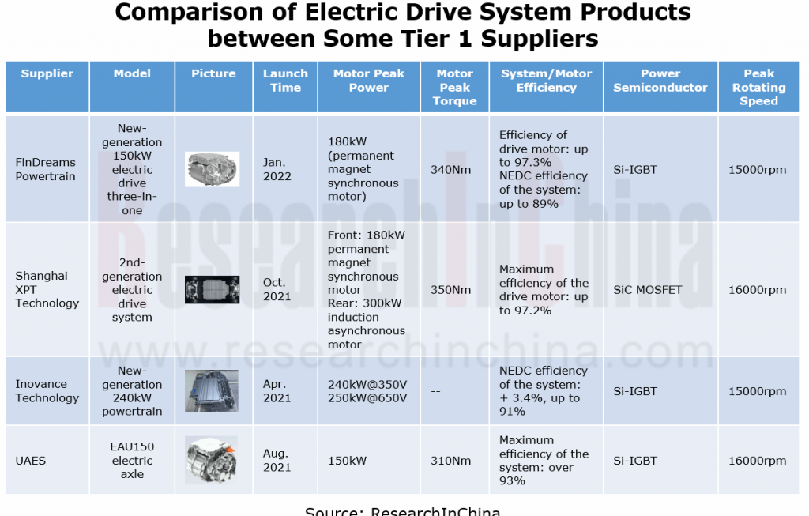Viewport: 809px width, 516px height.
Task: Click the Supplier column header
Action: (47, 73)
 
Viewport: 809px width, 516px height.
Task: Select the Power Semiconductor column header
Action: (660, 81)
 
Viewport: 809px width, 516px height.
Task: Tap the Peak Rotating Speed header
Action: (759, 87)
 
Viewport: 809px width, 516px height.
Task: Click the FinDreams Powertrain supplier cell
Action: (45, 169)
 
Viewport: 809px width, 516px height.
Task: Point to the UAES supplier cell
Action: (31, 460)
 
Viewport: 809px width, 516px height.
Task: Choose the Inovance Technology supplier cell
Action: (47, 391)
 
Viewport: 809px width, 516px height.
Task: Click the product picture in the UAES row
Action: (212, 460)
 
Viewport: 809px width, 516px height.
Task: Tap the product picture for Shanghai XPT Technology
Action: (212, 289)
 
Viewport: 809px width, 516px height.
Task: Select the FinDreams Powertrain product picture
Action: (212, 169)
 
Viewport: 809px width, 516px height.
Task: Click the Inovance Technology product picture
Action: (212, 390)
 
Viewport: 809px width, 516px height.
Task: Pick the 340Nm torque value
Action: (451, 169)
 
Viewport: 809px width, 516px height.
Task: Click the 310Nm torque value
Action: (451, 460)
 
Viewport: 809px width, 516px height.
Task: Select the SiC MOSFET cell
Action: (648, 289)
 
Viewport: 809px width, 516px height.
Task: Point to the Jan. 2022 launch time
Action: (277, 169)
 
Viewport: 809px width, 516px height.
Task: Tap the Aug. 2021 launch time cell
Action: (277, 460)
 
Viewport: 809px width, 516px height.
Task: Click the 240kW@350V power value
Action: (367, 384)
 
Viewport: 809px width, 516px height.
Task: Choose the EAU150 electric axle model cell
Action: (132, 460)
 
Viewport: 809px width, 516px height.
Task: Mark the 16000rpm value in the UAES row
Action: (758, 460)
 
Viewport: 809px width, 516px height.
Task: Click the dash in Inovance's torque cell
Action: (436, 391)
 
